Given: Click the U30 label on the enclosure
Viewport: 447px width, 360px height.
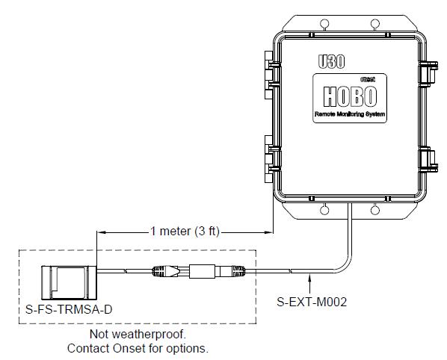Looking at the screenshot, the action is (x=331, y=61).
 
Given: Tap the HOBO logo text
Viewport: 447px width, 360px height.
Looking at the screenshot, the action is (x=350, y=96).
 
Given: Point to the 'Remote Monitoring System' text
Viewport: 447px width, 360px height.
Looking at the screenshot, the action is (x=350, y=114).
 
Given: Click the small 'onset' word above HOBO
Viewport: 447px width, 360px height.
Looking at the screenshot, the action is (x=368, y=79).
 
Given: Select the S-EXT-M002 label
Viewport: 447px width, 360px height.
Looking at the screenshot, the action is (x=312, y=302).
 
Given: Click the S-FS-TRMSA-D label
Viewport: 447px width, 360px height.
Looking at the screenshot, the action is (x=69, y=309).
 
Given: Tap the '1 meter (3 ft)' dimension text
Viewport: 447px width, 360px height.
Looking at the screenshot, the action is (x=185, y=232).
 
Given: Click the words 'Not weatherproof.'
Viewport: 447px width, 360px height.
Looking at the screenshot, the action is (x=138, y=334).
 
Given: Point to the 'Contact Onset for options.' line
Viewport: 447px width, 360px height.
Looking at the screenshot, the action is (x=138, y=348).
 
